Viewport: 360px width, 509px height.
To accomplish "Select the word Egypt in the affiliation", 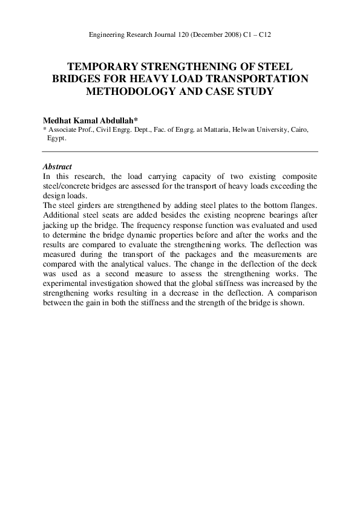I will coord(56,138).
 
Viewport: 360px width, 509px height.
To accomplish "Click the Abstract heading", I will coord(57,167).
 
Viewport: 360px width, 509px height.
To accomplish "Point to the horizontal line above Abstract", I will coord(180,151).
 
